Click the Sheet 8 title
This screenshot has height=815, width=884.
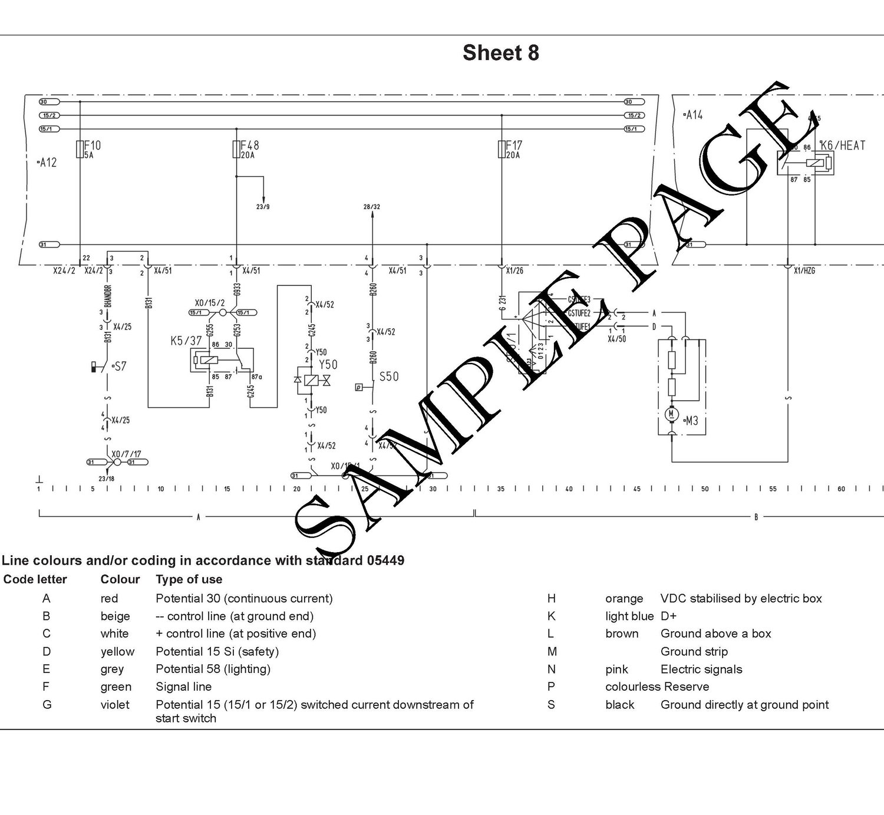pos(500,53)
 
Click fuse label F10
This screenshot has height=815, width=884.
pos(93,145)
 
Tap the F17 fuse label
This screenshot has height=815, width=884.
pos(514,145)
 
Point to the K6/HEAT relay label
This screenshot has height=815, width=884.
pos(843,145)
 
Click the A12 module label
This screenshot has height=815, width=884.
pos(47,163)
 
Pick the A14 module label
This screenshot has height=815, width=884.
pos(693,115)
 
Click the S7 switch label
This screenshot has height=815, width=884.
pos(120,367)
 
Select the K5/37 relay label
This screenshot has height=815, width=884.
pos(186,340)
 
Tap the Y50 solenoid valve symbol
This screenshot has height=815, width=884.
pos(311,381)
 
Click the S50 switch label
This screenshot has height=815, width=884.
pos(389,377)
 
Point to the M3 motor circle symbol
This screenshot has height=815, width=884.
pos(671,415)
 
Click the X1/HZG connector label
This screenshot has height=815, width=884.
pos(804,271)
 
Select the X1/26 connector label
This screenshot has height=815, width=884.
pos(514,271)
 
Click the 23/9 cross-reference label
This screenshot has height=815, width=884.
pos(263,207)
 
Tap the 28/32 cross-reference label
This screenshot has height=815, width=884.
pos(372,207)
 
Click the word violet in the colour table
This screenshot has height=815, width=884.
pos(115,705)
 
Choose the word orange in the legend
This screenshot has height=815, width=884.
pos(624,599)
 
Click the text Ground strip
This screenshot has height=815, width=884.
pos(694,652)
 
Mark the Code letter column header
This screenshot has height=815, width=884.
pos(35,579)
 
